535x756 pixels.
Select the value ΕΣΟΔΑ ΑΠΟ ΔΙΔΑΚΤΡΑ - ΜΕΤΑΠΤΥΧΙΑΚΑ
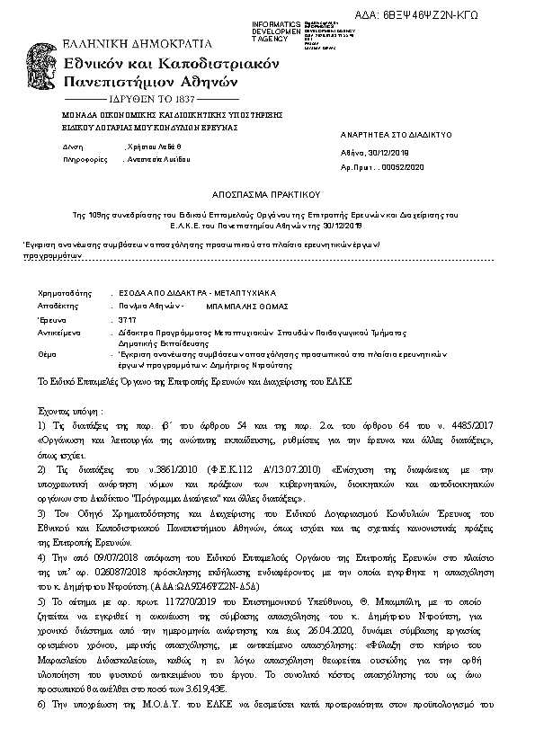coord(192,293)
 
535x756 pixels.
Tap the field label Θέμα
coord(47,355)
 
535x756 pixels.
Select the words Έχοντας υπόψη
coord(70,409)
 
